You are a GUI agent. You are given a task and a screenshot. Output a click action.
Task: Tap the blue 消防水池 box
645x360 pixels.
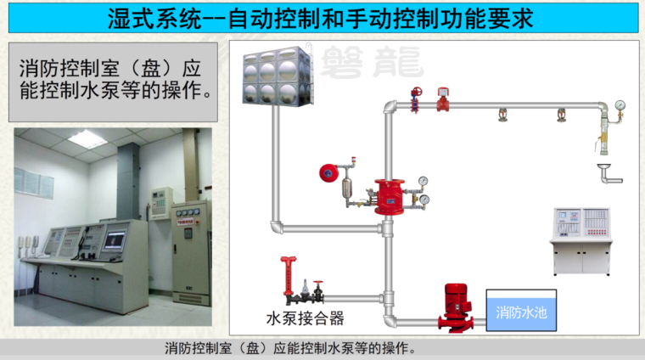tap(521, 312)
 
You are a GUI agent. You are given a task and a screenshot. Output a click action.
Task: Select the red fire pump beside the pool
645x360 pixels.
tap(457, 307)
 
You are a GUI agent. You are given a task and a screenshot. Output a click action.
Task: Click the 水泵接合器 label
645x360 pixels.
tap(305, 318)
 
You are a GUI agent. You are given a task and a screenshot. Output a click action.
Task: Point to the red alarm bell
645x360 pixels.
tap(328, 173)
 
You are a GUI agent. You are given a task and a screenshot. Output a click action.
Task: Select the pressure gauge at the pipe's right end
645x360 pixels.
tap(620, 107)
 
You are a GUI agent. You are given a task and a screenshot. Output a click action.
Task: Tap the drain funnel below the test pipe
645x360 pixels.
tap(605, 168)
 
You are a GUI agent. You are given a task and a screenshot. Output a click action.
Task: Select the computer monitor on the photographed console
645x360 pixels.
tap(113, 239)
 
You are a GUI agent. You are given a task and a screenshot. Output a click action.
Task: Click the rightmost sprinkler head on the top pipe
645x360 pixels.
tap(560, 115)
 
